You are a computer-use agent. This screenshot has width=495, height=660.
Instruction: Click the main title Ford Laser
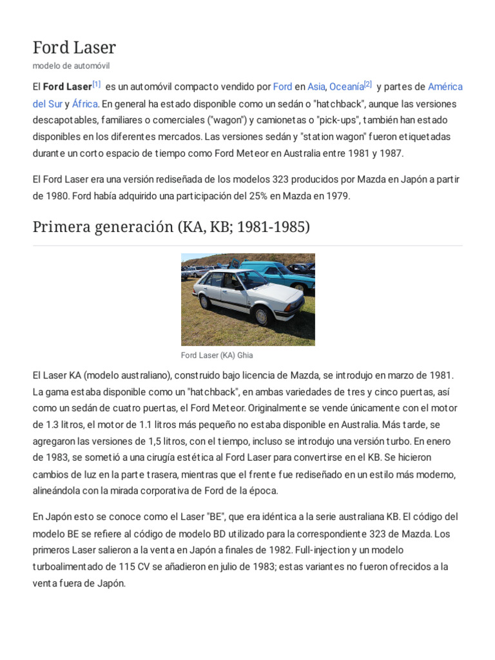tap(74, 47)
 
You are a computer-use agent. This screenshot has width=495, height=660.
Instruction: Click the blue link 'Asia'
tap(316, 87)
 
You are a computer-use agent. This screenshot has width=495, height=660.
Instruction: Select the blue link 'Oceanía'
tap(346, 87)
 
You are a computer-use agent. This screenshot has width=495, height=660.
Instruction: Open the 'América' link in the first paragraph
tap(445, 87)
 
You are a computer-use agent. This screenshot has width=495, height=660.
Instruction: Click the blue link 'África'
tap(84, 104)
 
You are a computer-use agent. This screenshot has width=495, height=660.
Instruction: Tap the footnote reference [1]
tap(97, 84)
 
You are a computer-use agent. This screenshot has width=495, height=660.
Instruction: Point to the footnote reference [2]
tap(367, 84)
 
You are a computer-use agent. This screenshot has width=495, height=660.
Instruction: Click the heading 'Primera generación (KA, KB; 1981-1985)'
tap(171, 228)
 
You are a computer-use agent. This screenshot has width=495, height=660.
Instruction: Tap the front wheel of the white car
tap(262, 316)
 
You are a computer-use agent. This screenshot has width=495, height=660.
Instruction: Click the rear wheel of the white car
tap(206, 301)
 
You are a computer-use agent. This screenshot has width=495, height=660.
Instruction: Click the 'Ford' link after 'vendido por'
tap(282, 87)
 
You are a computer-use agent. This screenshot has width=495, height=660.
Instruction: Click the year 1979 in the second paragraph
tap(337, 197)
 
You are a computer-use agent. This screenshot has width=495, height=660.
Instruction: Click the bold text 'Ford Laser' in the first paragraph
tap(67, 87)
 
